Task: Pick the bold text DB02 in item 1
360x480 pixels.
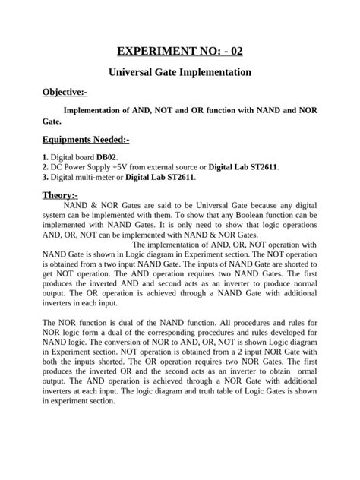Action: [106, 156]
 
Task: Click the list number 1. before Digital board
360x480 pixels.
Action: [46, 156]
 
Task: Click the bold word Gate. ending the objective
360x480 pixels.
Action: [52, 121]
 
